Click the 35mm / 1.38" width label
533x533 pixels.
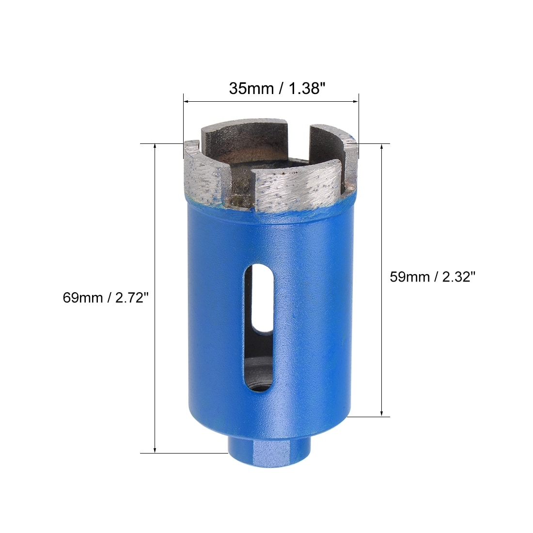pyautogui.click(x=277, y=89)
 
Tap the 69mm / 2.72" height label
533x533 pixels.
pyautogui.click(x=106, y=298)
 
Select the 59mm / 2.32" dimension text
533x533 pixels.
pyautogui.click(x=432, y=277)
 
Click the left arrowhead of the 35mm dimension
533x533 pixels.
pyautogui.click(x=186, y=101)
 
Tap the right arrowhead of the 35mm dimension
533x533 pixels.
pyautogui.click(x=356, y=101)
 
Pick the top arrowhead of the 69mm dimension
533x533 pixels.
pyautogui.click(x=155, y=147)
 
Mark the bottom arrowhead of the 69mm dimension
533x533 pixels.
pyautogui.click(x=155, y=450)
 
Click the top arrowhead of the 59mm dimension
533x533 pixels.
pyautogui.click(x=382, y=147)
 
